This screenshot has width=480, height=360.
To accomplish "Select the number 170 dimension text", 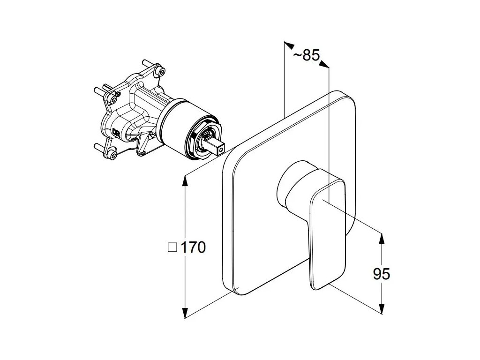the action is point(193,247).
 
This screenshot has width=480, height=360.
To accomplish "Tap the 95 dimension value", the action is point(382,273).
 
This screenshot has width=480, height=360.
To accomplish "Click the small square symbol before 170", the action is point(172,247).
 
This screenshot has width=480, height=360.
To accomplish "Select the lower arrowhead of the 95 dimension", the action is point(382,308).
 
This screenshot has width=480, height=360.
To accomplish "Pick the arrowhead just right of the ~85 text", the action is point(324,65).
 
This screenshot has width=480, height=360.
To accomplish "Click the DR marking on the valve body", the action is point(116,131).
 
